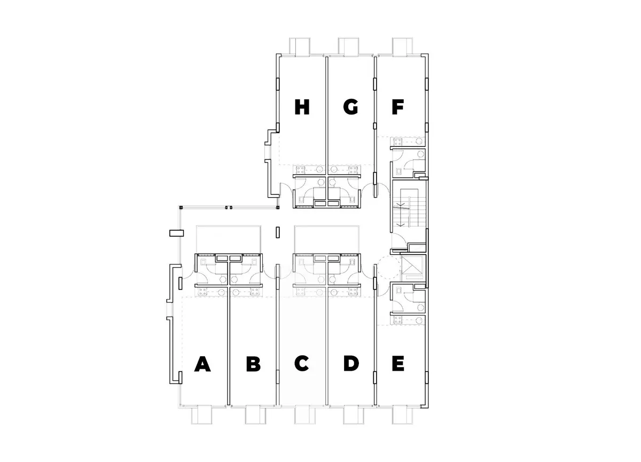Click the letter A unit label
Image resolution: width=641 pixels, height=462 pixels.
pos(202,364)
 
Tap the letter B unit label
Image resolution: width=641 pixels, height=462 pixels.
pos(254,364)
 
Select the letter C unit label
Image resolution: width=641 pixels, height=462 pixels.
pos(302,363)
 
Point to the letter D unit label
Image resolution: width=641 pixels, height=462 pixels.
pos(351,364)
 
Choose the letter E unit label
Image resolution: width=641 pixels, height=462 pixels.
pos(398,364)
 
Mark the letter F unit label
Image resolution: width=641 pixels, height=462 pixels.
pos(398,107)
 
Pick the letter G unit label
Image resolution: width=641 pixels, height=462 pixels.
pos(350,107)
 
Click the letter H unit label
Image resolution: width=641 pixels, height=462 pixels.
pos(302,107)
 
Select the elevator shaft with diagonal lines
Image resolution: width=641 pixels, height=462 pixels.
pos(412,268)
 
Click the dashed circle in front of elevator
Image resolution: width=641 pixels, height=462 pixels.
pos(389,268)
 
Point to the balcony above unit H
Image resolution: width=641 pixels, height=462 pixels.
pos(299,46)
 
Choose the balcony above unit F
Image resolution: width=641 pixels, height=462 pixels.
pos(402,46)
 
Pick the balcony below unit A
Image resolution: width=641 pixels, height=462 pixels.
pos(201,415)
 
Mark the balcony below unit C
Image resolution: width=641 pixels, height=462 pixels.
pos(305,415)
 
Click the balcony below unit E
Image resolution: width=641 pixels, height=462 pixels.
pos(402,415)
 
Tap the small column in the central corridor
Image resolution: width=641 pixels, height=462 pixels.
pos(277,232)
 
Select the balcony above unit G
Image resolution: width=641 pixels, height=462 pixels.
pos(348,46)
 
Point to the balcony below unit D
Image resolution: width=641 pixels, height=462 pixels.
pos(354,415)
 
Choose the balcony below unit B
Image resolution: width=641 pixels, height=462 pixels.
pos(255,415)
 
